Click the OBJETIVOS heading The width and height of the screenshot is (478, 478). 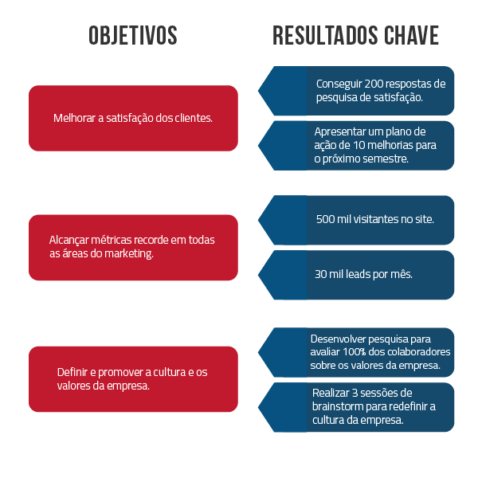133,36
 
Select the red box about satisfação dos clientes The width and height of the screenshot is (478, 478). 133,118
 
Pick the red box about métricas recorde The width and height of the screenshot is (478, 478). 133,247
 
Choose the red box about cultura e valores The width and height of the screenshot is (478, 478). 133,378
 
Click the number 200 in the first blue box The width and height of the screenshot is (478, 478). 371,84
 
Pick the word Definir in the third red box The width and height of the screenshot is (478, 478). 73,372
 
